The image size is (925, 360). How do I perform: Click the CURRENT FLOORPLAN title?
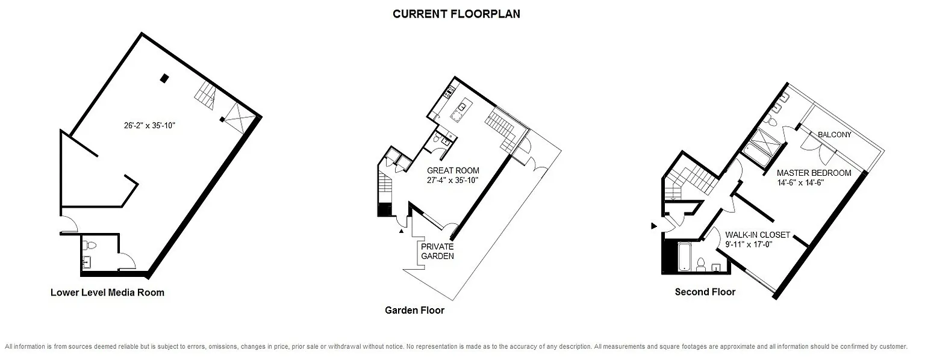pyautogui.click(x=456, y=14)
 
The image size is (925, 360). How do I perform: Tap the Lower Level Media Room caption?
pyautogui.click(x=107, y=293)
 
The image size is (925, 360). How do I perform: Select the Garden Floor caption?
pyautogui.click(x=414, y=311)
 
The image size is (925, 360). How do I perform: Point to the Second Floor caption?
pyautogui.click(x=705, y=293)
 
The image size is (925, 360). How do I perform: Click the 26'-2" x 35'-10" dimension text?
pyautogui.click(x=149, y=125)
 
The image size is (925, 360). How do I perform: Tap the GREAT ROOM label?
pyautogui.click(x=453, y=170)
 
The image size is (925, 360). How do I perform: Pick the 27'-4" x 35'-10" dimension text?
pyautogui.click(x=453, y=180)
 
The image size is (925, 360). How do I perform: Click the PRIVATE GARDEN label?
pyautogui.click(x=437, y=252)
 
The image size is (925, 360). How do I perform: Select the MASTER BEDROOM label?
pyautogui.click(x=814, y=173)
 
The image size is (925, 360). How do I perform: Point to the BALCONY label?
pyautogui.click(x=835, y=135)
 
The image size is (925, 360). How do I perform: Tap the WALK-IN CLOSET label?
pyautogui.click(x=758, y=235)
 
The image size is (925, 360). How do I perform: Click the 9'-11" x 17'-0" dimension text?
pyautogui.click(x=749, y=244)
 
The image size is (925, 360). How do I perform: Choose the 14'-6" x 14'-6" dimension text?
pyautogui.click(x=801, y=183)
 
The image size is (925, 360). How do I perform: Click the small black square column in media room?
pyautogui.click(x=164, y=78)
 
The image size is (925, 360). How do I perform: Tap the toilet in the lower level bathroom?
pyautogui.click(x=89, y=246)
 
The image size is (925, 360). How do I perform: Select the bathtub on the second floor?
pyautogui.click(x=685, y=257)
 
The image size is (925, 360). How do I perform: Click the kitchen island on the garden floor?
pyautogui.click(x=460, y=111)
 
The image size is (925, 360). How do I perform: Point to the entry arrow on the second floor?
pyautogui.click(x=653, y=226)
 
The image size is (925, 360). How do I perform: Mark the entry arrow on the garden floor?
pyautogui.click(x=402, y=232)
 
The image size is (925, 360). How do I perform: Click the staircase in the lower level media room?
pyautogui.click(x=205, y=95)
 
